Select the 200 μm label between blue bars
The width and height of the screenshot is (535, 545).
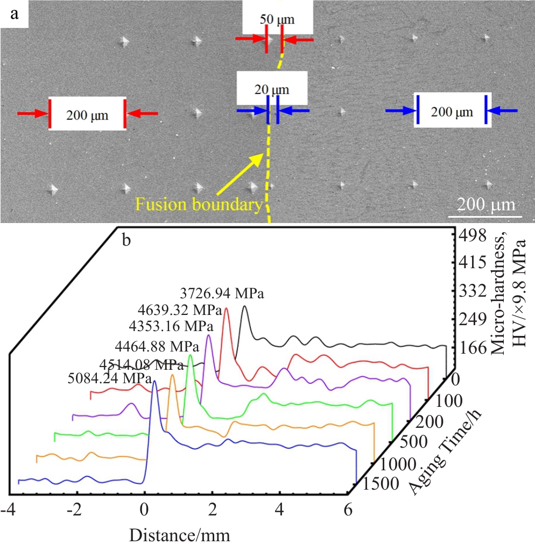click(x=452, y=112)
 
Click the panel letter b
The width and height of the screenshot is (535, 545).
click(x=127, y=240)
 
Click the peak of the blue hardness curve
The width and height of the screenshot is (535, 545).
click(x=154, y=381)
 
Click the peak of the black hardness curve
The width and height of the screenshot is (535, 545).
click(x=245, y=306)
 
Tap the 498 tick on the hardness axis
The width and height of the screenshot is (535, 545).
click(x=472, y=236)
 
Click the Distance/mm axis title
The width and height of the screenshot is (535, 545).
click(x=180, y=535)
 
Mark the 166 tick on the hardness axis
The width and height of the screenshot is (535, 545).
click(x=472, y=348)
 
